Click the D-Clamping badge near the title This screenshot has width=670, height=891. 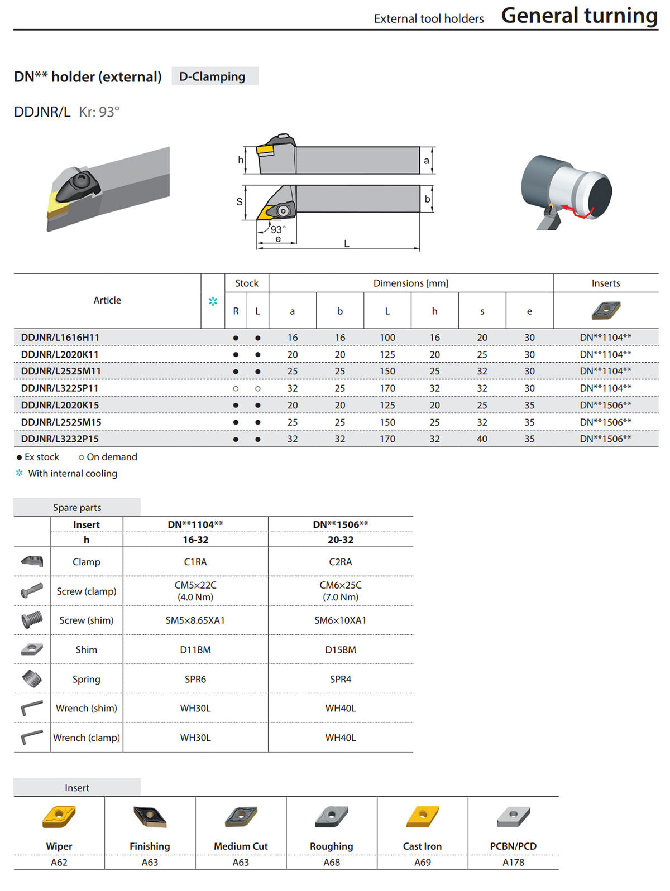(215, 76)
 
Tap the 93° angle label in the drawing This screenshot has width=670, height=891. (278, 229)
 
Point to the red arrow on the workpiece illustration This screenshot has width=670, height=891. (577, 211)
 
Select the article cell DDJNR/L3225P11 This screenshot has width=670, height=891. (60, 388)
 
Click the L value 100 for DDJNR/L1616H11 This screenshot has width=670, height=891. (387, 338)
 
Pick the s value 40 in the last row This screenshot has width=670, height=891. (482, 439)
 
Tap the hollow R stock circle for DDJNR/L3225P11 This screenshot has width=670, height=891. (236, 388)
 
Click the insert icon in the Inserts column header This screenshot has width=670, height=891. (606, 310)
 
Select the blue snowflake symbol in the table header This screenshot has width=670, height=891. (213, 301)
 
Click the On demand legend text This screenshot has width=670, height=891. (112, 457)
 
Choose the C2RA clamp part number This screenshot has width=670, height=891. (340, 561)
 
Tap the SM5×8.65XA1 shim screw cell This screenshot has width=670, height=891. (195, 620)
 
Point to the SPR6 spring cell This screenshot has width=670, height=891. (195, 678)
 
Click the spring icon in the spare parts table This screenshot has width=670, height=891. (32, 678)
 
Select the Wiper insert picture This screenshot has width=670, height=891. (59, 816)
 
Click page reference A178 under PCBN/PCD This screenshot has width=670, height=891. (513, 862)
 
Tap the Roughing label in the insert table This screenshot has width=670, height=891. (331, 846)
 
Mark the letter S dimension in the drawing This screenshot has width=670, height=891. (240, 202)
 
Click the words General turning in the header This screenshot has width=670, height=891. (580, 16)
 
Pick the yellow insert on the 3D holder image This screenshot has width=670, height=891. (58, 204)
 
